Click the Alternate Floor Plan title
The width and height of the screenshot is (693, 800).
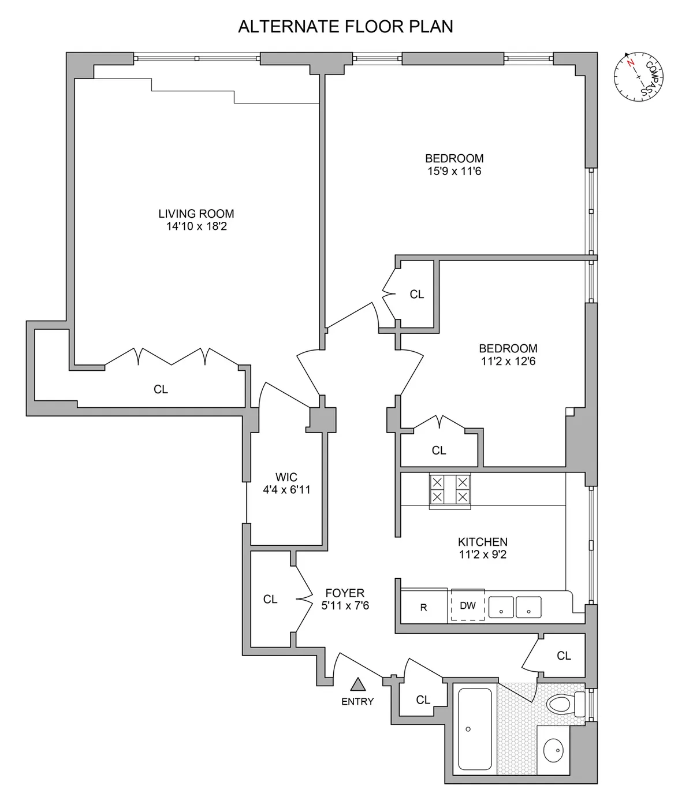(x=345, y=27)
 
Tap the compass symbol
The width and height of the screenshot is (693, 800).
(x=638, y=77)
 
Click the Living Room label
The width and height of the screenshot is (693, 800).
(x=196, y=214)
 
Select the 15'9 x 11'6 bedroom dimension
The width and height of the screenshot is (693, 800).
(x=454, y=172)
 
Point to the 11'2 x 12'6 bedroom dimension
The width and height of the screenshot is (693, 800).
(x=508, y=362)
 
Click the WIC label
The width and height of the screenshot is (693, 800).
(x=286, y=477)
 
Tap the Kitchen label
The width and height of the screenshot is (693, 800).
(x=483, y=542)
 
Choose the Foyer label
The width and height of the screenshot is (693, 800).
(x=345, y=593)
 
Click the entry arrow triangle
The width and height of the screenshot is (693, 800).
(x=358, y=684)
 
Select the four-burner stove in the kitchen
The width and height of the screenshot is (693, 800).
(x=449, y=490)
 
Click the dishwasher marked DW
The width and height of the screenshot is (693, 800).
(x=468, y=606)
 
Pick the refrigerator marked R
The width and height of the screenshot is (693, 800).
(x=423, y=608)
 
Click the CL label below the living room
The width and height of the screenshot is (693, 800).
(x=161, y=389)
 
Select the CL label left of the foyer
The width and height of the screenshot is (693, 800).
(x=270, y=599)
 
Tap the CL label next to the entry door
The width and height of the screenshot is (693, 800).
(x=423, y=699)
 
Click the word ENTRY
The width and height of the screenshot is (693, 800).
(x=357, y=701)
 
